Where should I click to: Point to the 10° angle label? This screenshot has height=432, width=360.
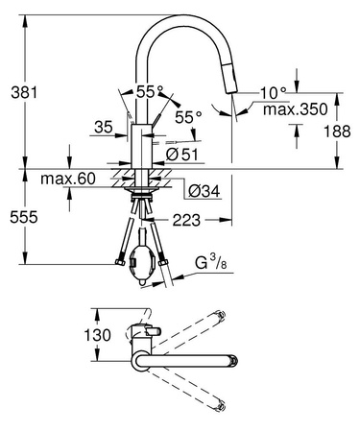(x=273, y=92)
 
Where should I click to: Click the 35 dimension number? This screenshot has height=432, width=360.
(x=105, y=125)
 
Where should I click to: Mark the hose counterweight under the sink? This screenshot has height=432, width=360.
(x=145, y=259)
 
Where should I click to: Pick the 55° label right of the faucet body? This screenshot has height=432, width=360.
(x=188, y=117)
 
